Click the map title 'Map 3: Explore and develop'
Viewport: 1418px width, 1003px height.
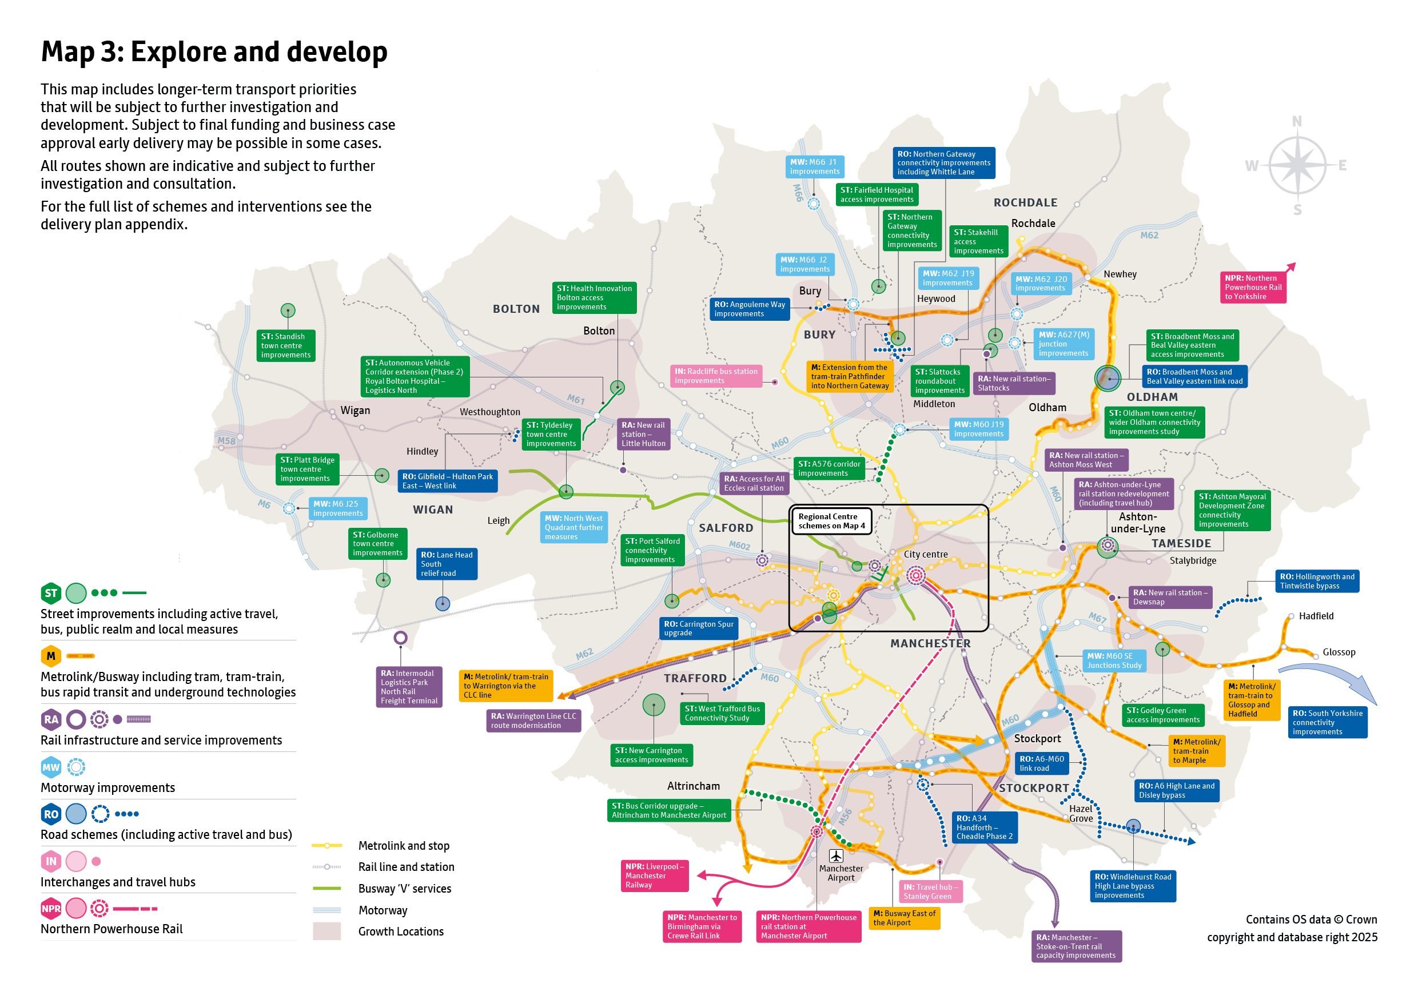click(x=214, y=52)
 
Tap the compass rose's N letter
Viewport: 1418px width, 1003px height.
click(x=1296, y=122)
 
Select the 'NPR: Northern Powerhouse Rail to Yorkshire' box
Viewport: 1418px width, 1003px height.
click(x=1253, y=287)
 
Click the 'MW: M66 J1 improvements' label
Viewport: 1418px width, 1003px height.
click(x=814, y=167)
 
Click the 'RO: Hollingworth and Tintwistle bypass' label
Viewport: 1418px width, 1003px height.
click(x=1317, y=581)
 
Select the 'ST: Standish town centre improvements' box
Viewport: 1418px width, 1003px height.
click(x=285, y=345)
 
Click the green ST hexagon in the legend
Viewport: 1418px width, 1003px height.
click(x=51, y=593)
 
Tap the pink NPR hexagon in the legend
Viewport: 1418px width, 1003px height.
click(x=51, y=908)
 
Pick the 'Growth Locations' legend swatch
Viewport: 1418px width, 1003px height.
click(x=326, y=931)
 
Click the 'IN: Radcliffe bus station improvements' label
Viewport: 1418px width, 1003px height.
click(x=716, y=376)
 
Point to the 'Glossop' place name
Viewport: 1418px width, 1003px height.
click(x=1339, y=652)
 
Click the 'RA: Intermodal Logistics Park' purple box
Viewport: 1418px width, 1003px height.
click(x=409, y=687)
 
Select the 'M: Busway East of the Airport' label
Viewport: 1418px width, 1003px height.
click(x=903, y=918)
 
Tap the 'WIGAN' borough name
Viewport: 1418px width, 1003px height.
click(x=432, y=510)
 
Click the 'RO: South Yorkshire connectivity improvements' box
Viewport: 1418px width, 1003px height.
click(x=1327, y=722)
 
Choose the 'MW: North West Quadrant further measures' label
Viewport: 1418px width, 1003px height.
click(x=573, y=527)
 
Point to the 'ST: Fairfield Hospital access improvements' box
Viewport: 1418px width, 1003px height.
click(x=877, y=194)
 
